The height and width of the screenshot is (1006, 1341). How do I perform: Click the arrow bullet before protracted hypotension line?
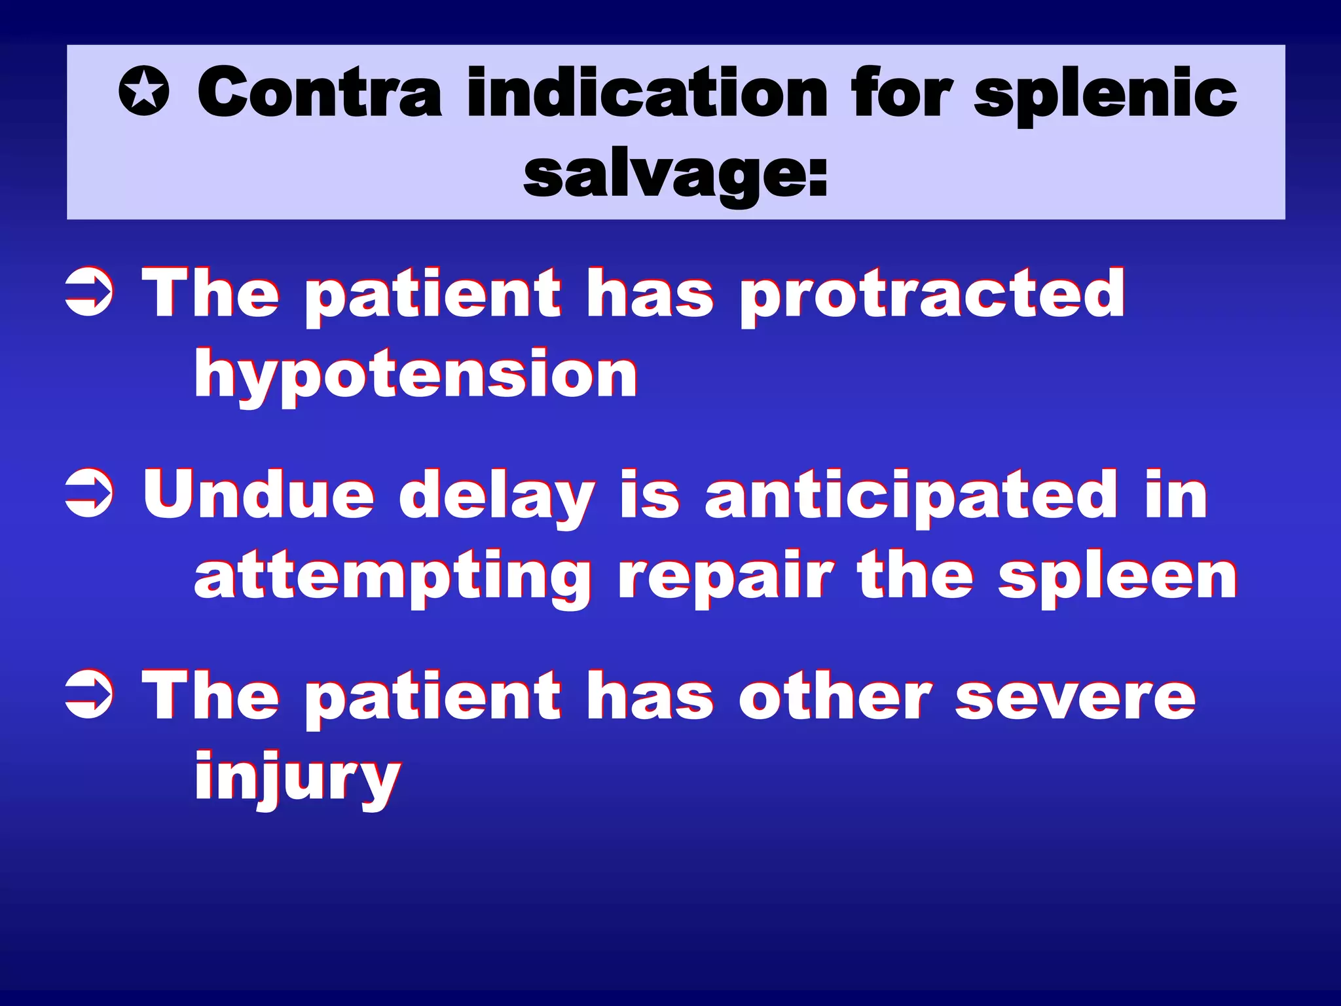(x=89, y=295)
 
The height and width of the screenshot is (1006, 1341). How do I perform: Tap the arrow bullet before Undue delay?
(x=89, y=496)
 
